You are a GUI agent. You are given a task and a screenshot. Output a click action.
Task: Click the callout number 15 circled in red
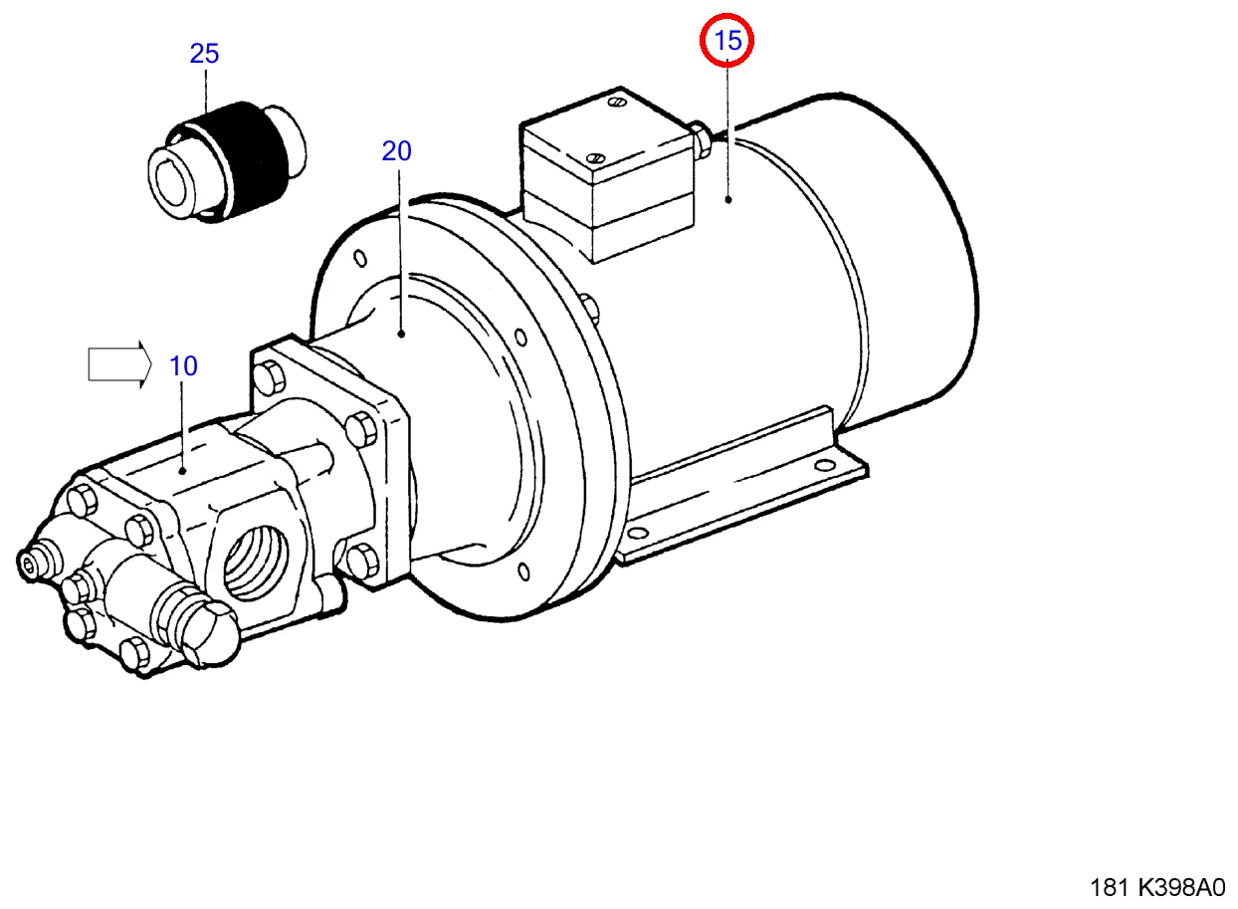pyautogui.click(x=728, y=41)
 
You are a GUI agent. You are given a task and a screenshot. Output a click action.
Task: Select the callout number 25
pyautogui.click(x=204, y=54)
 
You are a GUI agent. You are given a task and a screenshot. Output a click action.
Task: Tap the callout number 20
pyautogui.click(x=396, y=151)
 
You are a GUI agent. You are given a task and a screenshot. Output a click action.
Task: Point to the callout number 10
pyautogui.click(x=183, y=365)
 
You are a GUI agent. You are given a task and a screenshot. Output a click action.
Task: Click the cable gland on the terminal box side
pyautogui.click(x=702, y=139)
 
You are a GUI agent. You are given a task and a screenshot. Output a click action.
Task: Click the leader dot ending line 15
pyautogui.click(x=728, y=199)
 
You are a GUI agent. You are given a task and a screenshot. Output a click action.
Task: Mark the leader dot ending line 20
pyautogui.click(x=401, y=335)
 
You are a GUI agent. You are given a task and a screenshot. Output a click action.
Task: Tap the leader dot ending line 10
pyautogui.click(x=183, y=470)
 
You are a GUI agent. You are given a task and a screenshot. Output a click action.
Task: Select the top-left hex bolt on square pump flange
pyautogui.click(x=269, y=377)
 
